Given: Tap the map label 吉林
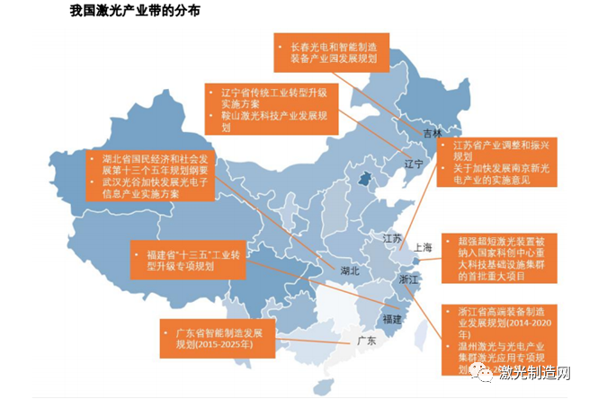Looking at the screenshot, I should click(433, 134).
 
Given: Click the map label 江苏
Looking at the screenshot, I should click(392, 238).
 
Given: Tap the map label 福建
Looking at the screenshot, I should click(392, 319).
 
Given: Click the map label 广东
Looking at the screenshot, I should click(366, 342).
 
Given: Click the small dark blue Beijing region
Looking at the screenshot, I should click(365, 182).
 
